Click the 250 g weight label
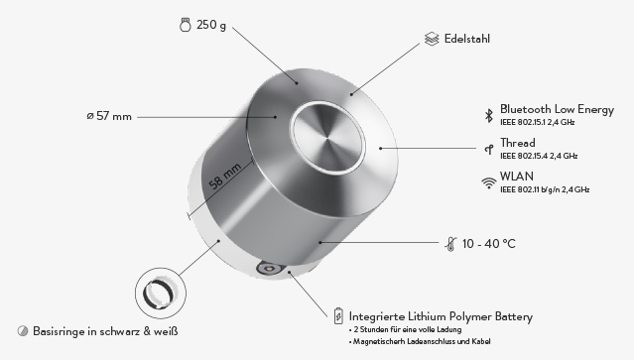tap(211, 25)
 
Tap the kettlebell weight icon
tap(186, 25)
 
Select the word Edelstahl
tap(467, 39)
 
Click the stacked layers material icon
tap(432, 39)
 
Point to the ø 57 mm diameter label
tap(109, 116)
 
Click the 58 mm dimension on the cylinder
tap(225, 177)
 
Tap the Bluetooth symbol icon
tap(489, 116)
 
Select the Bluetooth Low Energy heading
tap(557, 109)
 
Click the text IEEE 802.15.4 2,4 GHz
tap(539, 156)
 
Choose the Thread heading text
tap(518, 143)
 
